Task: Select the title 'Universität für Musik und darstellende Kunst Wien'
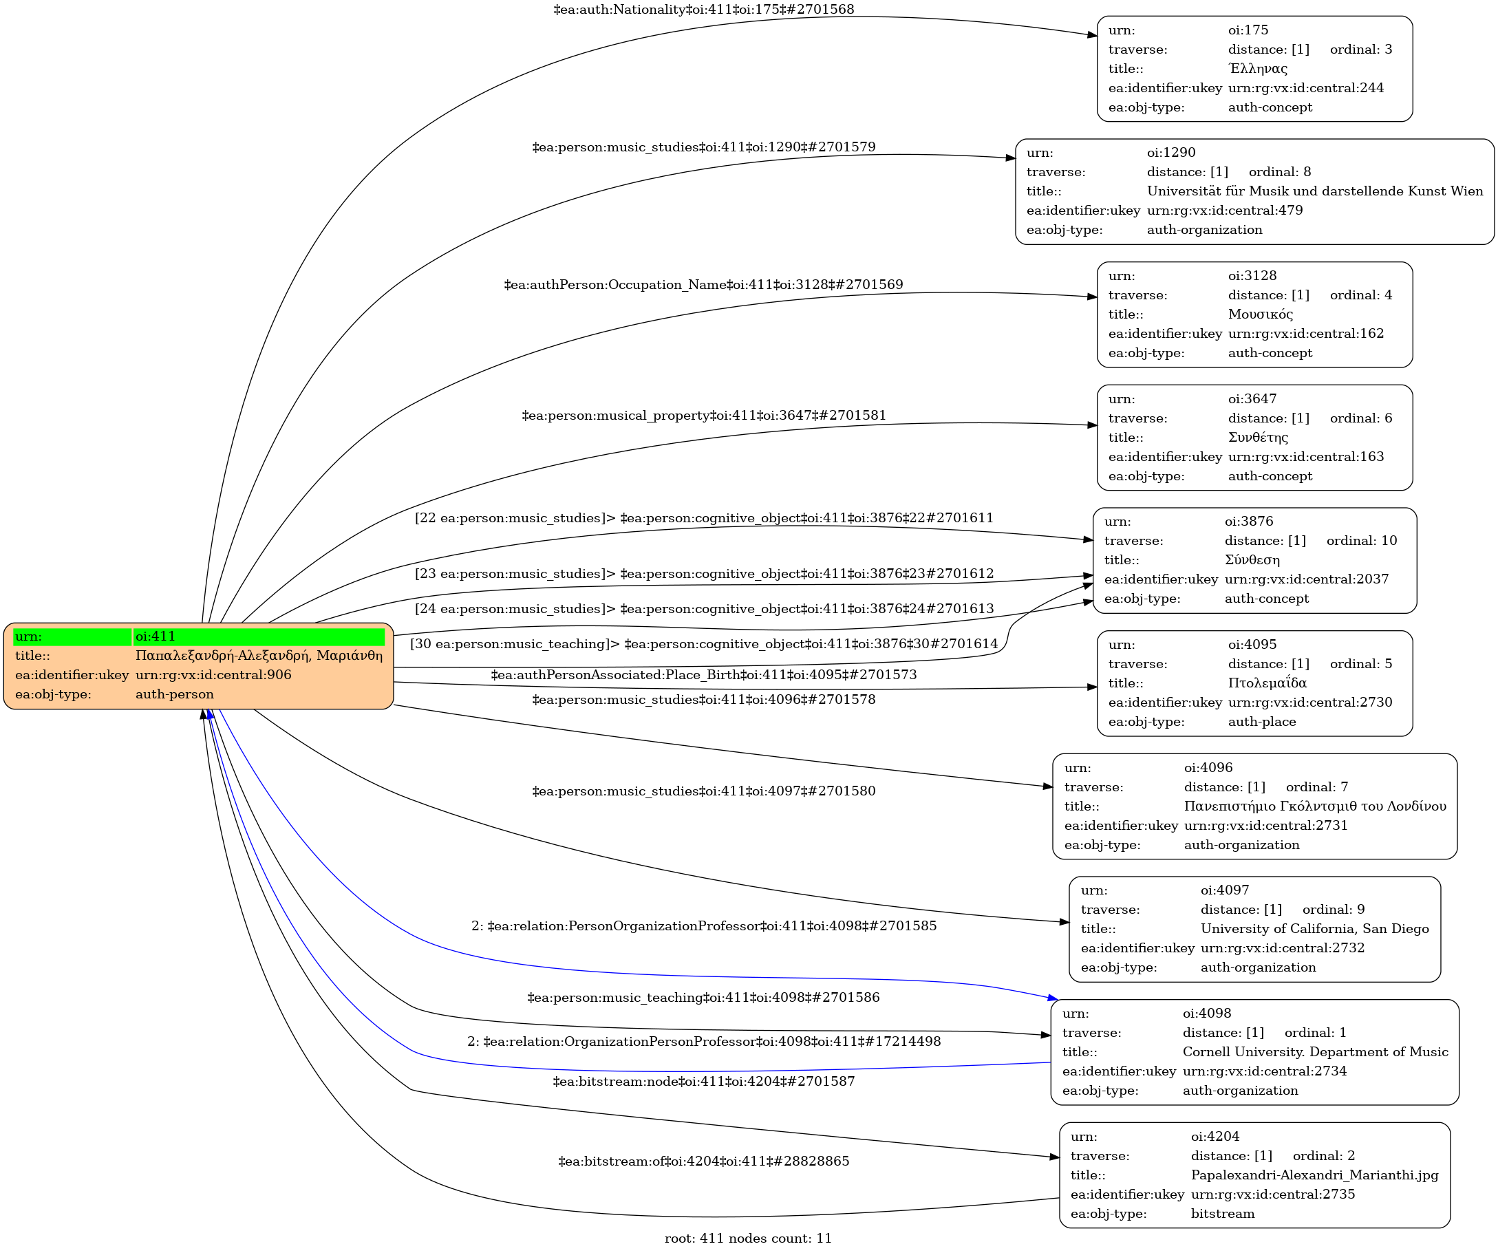tap(1315, 191)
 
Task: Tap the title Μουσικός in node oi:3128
tap(1260, 314)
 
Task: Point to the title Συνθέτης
tap(1258, 437)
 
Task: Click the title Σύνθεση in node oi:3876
tap(1252, 560)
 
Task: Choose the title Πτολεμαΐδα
tap(1267, 683)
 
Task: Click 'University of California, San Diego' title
tap(1315, 928)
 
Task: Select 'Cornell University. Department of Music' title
tap(1315, 1052)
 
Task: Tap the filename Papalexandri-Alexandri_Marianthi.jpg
tap(1314, 1175)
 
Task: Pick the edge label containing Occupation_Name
tap(703, 285)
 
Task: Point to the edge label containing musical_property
tap(703, 415)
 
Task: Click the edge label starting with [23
tap(703, 573)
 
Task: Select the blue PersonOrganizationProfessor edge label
tap(703, 925)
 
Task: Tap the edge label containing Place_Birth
tap(703, 674)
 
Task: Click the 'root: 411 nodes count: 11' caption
tap(747, 1238)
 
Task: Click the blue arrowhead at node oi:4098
tap(1052, 998)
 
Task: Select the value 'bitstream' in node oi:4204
tap(1222, 1214)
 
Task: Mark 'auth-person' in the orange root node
tap(174, 694)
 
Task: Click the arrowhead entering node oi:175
tap(1091, 35)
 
